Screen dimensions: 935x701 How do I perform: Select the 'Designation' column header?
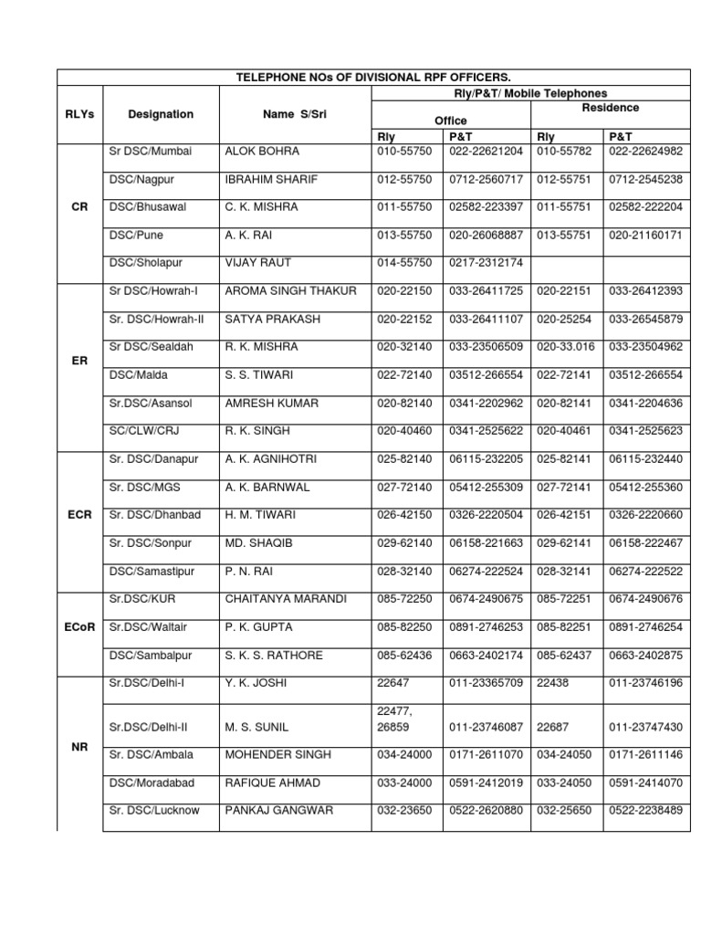pyautogui.click(x=161, y=114)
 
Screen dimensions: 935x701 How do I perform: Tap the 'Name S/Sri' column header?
pyautogui.click(x=295, y=114)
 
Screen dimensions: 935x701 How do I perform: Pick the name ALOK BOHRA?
pyautogui.click(x=261, y=151)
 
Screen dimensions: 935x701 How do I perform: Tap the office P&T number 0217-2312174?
pyautogui.click(x=486, y=263)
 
